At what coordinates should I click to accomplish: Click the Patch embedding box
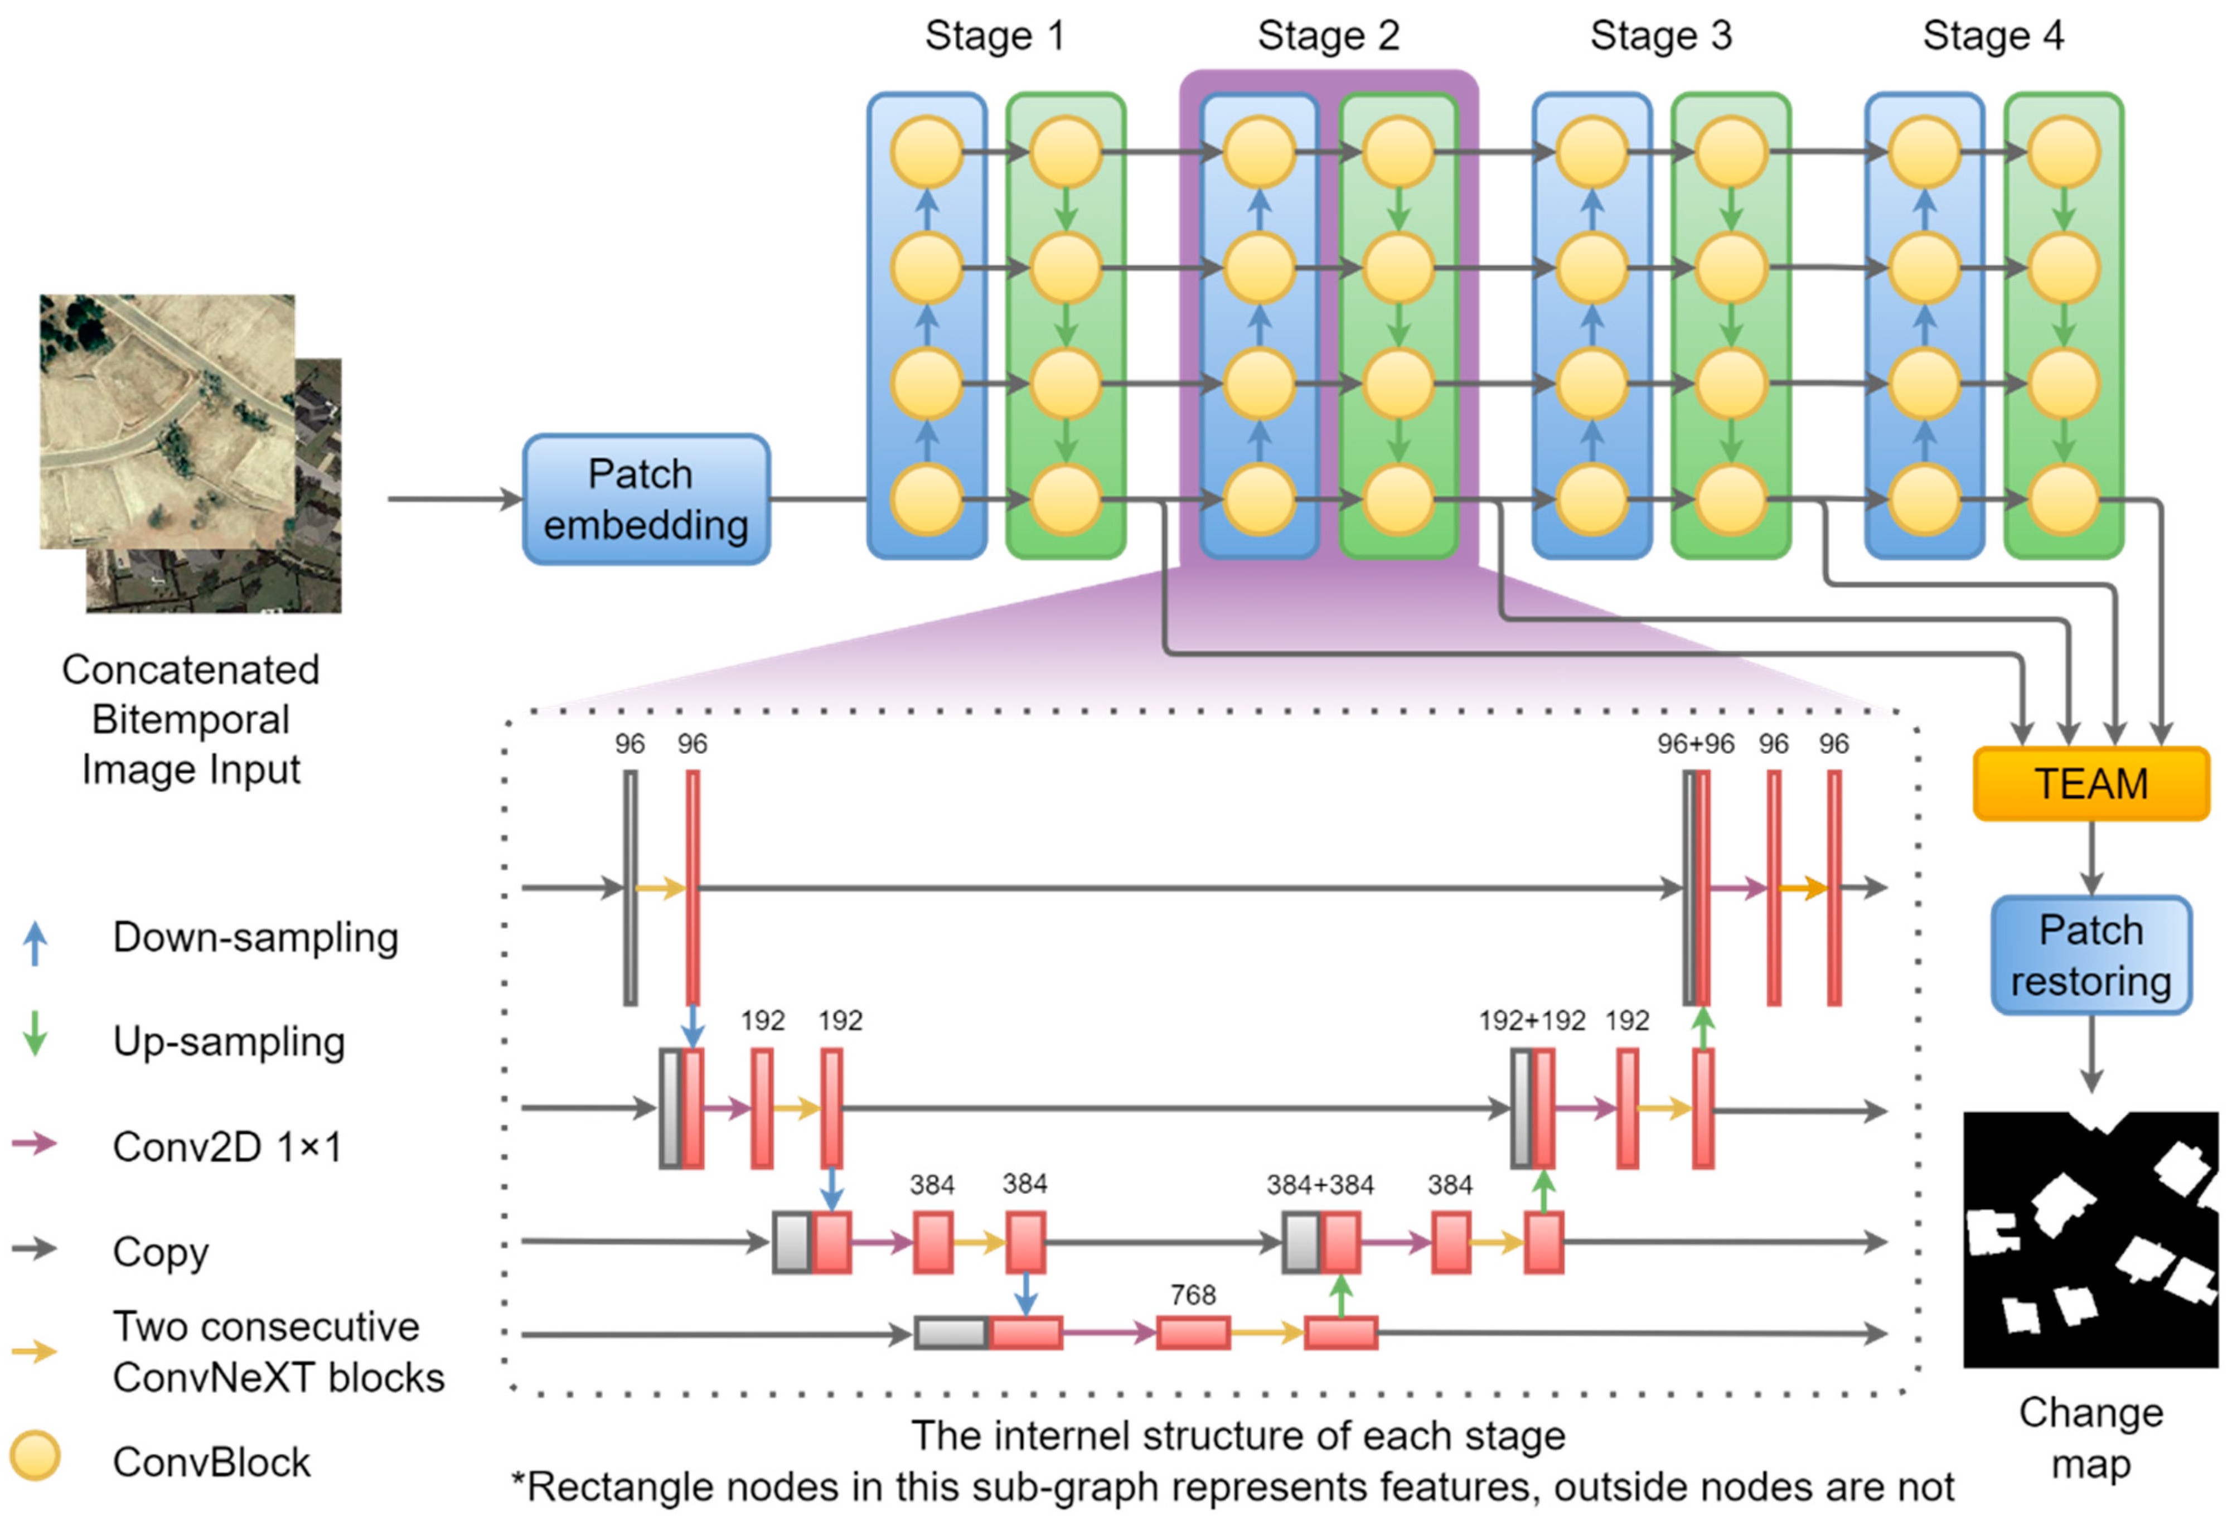[x=645, y=500]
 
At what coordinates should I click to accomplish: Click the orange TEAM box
[x=2091, y=784]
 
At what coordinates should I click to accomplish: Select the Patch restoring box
[x=2091, y=956]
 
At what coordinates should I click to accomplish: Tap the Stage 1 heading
[x=994, y=36]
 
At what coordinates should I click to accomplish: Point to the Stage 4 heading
[x=1993, y=36]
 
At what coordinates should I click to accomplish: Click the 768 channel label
[x=1193, y=1295]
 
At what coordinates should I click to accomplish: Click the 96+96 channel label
[x=1695, y=743]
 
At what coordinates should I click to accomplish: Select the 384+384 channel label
[x=1320, y=1184]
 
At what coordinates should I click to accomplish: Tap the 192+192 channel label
[x=1532, y=1020]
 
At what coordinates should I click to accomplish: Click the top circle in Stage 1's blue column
[x=926, y=151]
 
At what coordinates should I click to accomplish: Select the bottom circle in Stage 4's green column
[x=2063, y=498]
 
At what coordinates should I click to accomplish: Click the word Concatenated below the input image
[x=190, y=670]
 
